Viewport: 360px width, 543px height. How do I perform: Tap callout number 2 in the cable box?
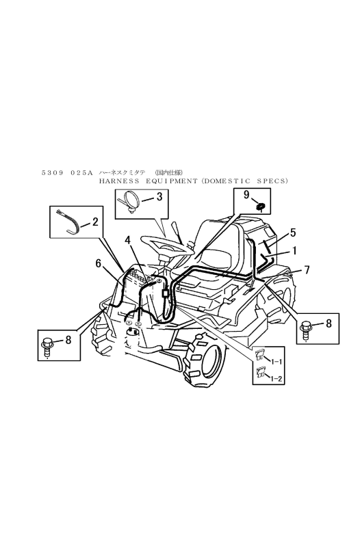pyautogui.click(x=94, y=221)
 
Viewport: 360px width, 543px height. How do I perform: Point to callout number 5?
pyautogui.click(x=292, y=233)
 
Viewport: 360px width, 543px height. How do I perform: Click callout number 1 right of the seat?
pyautogui.click(x=295, y=250)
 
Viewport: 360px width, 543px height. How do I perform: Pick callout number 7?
pyautogui.click(x=307, y=270)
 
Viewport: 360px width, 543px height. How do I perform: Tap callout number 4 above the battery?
pyautogui.click(x=128, y=240)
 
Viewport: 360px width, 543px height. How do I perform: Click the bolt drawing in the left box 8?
pyautogui.click(x=49, y=344)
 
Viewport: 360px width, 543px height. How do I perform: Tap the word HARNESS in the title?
pyautogui.click(x=120, y=181)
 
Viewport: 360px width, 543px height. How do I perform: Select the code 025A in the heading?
pyautogui.click(x=81, y=172)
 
